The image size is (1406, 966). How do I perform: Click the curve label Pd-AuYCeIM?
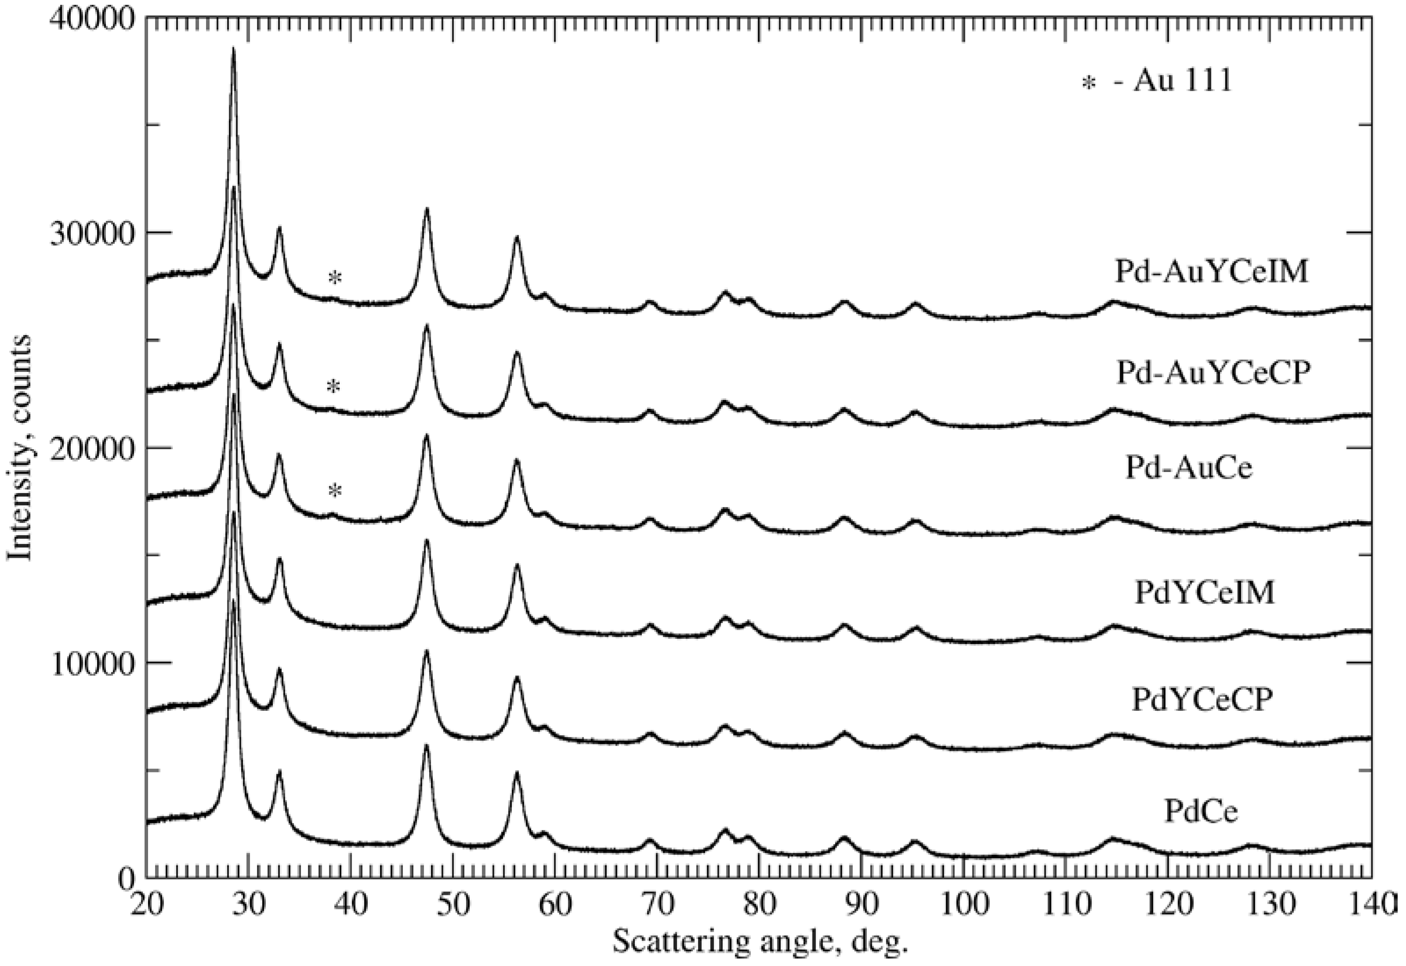tap(1212, 272)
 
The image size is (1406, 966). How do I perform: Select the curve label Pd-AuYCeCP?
tap(1213, 374)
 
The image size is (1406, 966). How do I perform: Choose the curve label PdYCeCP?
tap(1203, 700)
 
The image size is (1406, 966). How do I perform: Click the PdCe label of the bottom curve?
tap(1201, 811)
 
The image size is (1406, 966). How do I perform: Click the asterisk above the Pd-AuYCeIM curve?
tap(335, 278)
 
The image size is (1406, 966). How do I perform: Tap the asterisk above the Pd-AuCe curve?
tap(335, 491)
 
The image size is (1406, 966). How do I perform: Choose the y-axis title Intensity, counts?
tap(19, 448)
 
